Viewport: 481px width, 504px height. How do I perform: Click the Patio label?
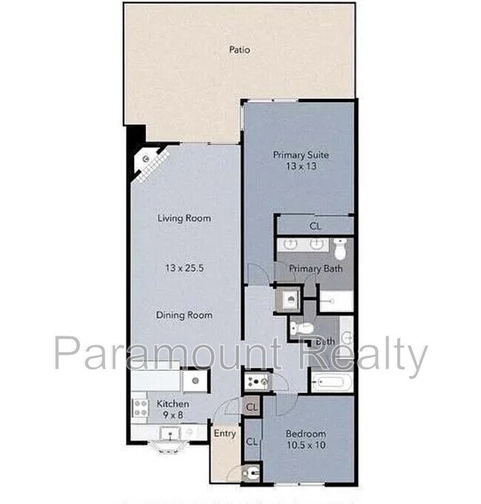pyautogui.click(x=239, y=50)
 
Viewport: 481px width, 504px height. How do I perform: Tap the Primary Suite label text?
pyautogui.click(x=300, y=155)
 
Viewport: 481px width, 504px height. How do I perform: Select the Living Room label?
pyautogui.click(x=184, y=219)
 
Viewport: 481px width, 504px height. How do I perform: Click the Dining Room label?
pyautogui.click(x=184, y=316)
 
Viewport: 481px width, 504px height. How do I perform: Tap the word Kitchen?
pyautogui.click(x=172, y=404)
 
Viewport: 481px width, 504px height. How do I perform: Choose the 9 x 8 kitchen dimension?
pyautogui.click(x=172, y=415)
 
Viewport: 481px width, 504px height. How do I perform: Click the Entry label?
pyautogui.click(x=224, y=434)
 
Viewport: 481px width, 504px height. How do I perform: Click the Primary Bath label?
pyautogui.click(x=315, y=268)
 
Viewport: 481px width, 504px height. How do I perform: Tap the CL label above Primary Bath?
pyautogui.click(x=314, y=226)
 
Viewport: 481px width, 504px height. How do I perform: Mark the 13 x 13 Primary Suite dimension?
pyautogui.click(x=300, y=167)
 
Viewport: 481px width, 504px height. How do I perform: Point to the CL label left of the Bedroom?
pyautogui.click(x=252, y=442)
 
